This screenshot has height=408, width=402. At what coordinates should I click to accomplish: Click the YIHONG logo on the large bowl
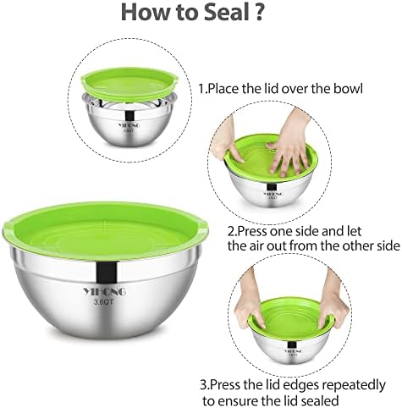[x=105, y=292]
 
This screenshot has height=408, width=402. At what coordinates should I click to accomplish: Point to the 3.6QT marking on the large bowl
[x=104, y=302]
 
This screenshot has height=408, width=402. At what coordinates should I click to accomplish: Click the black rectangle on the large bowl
[x=107, y=273]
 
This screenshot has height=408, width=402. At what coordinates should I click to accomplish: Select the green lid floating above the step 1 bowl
[x=130, y=84]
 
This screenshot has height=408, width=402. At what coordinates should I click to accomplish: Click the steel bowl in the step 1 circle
[x=130, y=119]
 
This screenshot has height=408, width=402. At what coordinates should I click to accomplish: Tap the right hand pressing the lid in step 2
[x=289, y=141]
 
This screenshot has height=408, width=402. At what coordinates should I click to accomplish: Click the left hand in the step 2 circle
[x=228, y=141]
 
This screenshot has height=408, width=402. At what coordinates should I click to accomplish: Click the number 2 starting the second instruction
[x=231, y=231]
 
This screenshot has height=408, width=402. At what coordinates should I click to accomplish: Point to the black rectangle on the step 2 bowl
[x=272, y=187]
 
